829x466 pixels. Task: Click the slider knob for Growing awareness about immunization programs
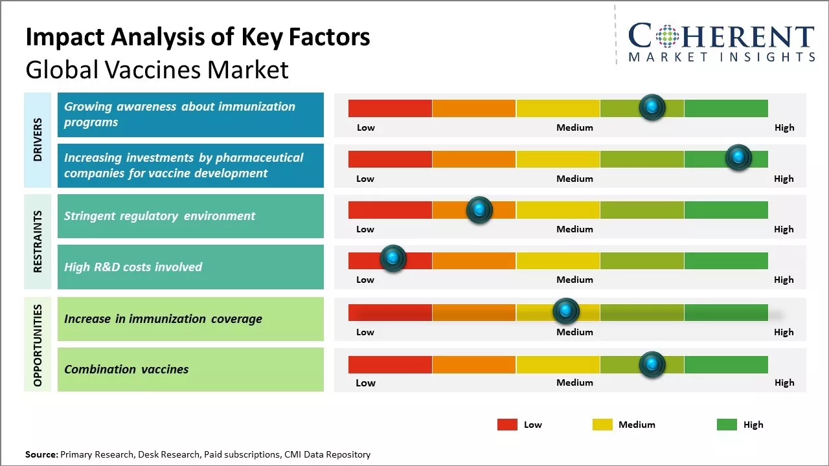(x=652, y=107)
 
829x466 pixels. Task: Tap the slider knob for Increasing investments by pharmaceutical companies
(x=738, y=157)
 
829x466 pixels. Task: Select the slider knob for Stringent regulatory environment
(x=479, y=209)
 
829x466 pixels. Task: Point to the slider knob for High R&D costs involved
(x=392, y=258)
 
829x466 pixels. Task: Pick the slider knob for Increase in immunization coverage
(x=566, y=311)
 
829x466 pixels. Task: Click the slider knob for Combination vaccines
(x=652, y=364)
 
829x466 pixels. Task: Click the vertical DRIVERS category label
(x=38, y=139)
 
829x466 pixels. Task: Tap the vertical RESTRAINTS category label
(x=38, y=241)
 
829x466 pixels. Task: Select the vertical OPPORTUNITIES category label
(x=38, y=345)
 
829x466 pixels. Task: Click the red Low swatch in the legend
(x=507, y=425)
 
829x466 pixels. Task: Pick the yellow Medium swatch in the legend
(x=602, y=425)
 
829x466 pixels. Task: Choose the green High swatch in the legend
(x=727, y=425)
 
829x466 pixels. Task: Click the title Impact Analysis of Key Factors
(x=198, y=38)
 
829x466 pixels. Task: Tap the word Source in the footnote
(x=41, y=454)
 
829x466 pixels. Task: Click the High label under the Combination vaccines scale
(x=784, y=383)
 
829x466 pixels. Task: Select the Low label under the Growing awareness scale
(x=366, y=128)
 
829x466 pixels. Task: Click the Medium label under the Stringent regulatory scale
(x=574, y=229)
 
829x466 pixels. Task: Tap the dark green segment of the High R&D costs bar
(x=725, y=261)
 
